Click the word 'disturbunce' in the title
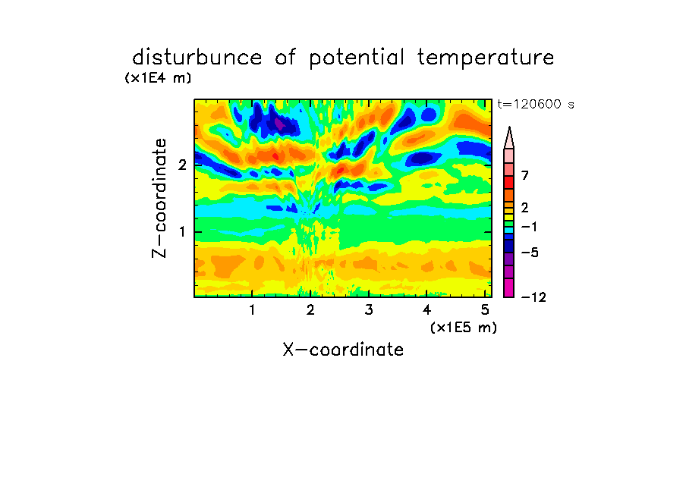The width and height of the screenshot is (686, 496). [197, 58]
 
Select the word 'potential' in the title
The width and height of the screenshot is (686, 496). [357, 58]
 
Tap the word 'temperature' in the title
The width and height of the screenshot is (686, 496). [486, 58]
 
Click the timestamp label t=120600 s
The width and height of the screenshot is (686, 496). [536, 105]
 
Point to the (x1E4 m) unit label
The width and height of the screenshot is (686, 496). [158, 78]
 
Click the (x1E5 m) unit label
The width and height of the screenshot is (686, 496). [464, 328]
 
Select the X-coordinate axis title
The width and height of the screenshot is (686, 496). [343, 350]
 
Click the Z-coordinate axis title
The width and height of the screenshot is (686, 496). [159, 198]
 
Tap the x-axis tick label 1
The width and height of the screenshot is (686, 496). [252, 310]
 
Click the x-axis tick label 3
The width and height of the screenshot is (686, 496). [368, 310]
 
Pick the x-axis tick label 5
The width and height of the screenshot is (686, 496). [485, 310]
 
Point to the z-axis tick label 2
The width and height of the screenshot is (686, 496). [182, 165]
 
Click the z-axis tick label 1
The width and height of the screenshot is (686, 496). [182, 232]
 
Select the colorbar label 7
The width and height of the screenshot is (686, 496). [525, 176]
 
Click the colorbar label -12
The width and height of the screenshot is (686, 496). [533, 297]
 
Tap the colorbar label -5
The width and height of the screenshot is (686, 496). [530, 253]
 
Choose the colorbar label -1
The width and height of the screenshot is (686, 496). [529, 227]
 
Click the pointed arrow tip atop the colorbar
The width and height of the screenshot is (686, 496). [509, 127]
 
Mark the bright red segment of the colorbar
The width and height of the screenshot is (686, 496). [509, 182]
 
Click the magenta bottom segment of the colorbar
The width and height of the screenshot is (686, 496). [509, 287]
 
